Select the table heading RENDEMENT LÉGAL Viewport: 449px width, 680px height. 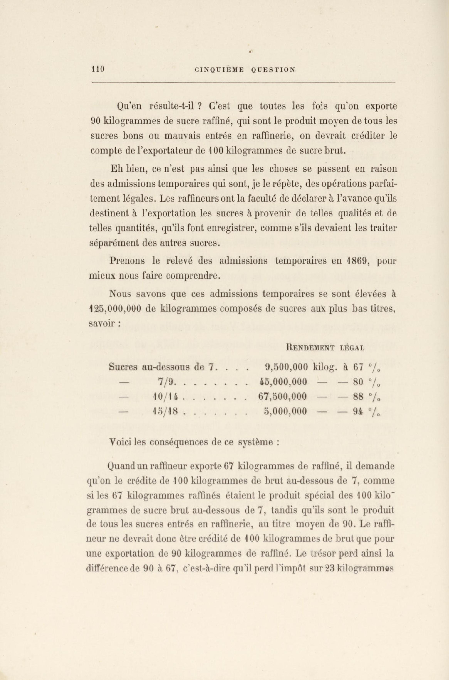pos(325,348)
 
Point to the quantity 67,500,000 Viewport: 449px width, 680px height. pos(282,397)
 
